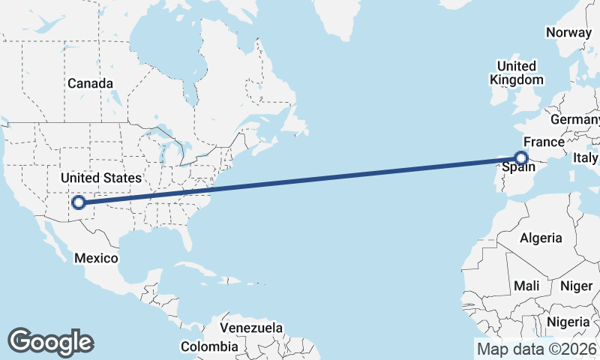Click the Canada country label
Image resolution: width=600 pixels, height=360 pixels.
pyautogui.click(x=90, y=83)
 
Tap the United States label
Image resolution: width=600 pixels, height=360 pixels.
pyautogui.click(x=100, y=178)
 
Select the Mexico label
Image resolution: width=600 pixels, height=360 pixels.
pyautogui.click(x=96, y=258)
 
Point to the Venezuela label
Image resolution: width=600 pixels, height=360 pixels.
pyautogui.click(x=251, y=328)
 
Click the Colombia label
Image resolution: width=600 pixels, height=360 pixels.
pyautogui.click(x=209, y=346)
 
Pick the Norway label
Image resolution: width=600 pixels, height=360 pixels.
pyautogui.click(x=569, y=32)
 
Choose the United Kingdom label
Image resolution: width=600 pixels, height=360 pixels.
pyautogui.click(x=517, y=73)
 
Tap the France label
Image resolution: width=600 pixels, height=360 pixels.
pyautogui.click(x=543, y=142)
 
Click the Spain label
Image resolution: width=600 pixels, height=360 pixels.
pyautogui.click(x=517, y=169)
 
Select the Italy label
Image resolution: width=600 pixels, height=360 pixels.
pyautogui.click(x=585, y=157)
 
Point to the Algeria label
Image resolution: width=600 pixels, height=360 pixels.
pyautogui.click(x=541, y=238)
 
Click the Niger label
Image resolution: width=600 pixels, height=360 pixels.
pyautogui.click(x=577, y=286)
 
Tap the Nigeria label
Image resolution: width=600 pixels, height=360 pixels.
pyautogui.click(x=568, y=322)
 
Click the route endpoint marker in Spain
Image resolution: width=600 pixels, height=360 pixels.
pyautogui.click(x=521, y=157)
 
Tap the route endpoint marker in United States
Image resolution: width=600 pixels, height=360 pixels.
pyautogui.click(x=78, y=202)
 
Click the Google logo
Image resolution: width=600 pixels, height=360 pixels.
pyautogui.click(x=50, y=341)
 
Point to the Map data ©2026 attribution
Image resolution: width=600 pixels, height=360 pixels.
pyautogui.click(x=536, y=349)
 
